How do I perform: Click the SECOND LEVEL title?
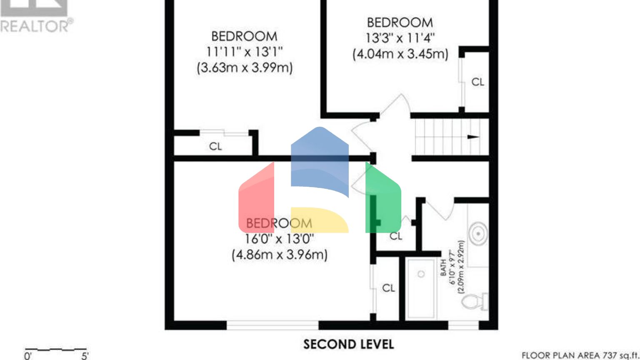pyautogui.click(x=348, y=345)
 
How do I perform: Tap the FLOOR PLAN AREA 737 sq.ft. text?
pyautogui.click(x=580, y=355)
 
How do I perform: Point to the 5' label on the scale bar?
pyautogui.click(x=85, y=356)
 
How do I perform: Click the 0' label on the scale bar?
pyautogui.click(x=28, y=356)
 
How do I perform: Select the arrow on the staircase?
pyautogui.click(x=473, y=137)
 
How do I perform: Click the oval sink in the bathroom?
pyautogui.click(x=478, y=234)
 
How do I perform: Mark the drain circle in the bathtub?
pyautogui.click(x=421, y=274)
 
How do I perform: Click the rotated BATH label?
pyautogui.click(x=443, y=267)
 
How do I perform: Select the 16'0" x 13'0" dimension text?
pyautogui.click(x=279, y=239)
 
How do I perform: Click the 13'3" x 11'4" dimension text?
pyautogui.click(x=400, y=38)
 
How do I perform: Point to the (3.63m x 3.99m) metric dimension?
pyautogui.click(x=245, y=67)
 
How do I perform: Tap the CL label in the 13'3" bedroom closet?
pyautogui.click(x=477, y=82)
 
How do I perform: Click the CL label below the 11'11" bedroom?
pyautogui.click(x=215, y=146)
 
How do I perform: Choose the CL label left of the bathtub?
pyautogui.click(x=388, y=288)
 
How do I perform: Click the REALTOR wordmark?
pyautogui.click(x=37, y=26)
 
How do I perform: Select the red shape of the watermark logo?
pyautogui.click(x=256, y=198)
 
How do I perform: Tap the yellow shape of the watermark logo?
pyautogui.click(x=319, y=220)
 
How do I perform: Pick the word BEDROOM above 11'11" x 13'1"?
pyautogui.click(x=244, y=36)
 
